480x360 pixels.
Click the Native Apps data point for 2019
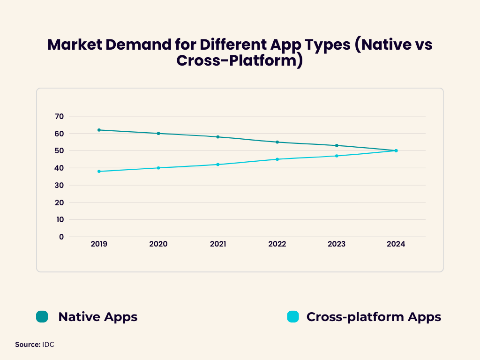tap(99, 130)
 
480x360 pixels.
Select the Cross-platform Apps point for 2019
tap(99, 171)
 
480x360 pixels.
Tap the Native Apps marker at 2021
tap(218, 137)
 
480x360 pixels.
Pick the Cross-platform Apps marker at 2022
tap(277, 159)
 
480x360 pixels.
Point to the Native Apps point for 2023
tap(337, 145)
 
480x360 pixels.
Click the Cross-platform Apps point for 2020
tap(158, 168)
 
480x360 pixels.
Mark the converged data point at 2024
tap(396, 150)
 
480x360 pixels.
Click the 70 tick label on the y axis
tap(59, 116)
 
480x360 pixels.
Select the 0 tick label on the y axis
tap(61, 237)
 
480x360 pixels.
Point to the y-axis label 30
tap(59, 185)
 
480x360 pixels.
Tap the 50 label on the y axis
tap(59, 150)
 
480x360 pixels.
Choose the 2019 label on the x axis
tap(99, 244)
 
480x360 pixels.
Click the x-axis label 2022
tap(277, 244)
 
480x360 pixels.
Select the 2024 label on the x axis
tap(396, 244)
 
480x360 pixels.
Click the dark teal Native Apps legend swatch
tap(42, 317)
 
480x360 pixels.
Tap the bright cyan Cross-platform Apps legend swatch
tap(292, 317)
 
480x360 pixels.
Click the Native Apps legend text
tap(97, 317)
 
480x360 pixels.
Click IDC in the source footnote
tap(48, 345)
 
